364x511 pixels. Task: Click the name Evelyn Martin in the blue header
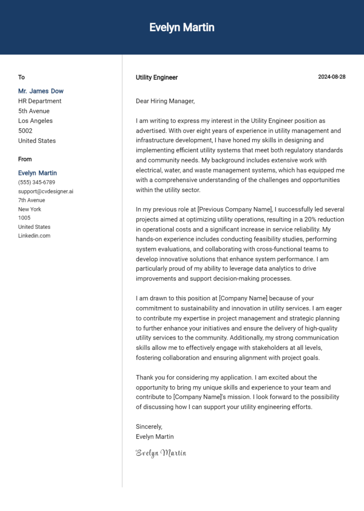[x=182, y=27]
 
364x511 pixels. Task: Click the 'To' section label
[x=21, y=77]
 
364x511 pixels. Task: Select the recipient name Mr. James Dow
[x=41, y=91]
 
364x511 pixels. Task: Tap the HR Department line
[x=40, y=101]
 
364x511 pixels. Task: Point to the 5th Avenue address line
[x=34, y=111]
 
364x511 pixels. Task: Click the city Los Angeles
[x=36, y=121]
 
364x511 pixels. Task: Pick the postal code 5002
[x=25, y=131]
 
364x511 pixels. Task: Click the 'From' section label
[x=25, y=159]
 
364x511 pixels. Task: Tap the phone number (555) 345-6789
[x=36, y=182]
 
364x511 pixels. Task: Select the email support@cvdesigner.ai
[x=45, y=192]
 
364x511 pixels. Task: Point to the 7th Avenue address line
[x=32, y=201]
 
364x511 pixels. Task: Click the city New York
[x=30, y=209]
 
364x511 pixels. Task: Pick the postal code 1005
[x=24, y=218]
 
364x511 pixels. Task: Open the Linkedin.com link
[x=34, y=236]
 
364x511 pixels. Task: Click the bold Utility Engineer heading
[x=157, y=77]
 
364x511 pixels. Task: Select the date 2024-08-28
[x=331, y=77]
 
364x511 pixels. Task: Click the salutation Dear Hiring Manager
[x=165, y=101]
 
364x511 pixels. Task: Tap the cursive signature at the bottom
[x=161, y=453]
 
